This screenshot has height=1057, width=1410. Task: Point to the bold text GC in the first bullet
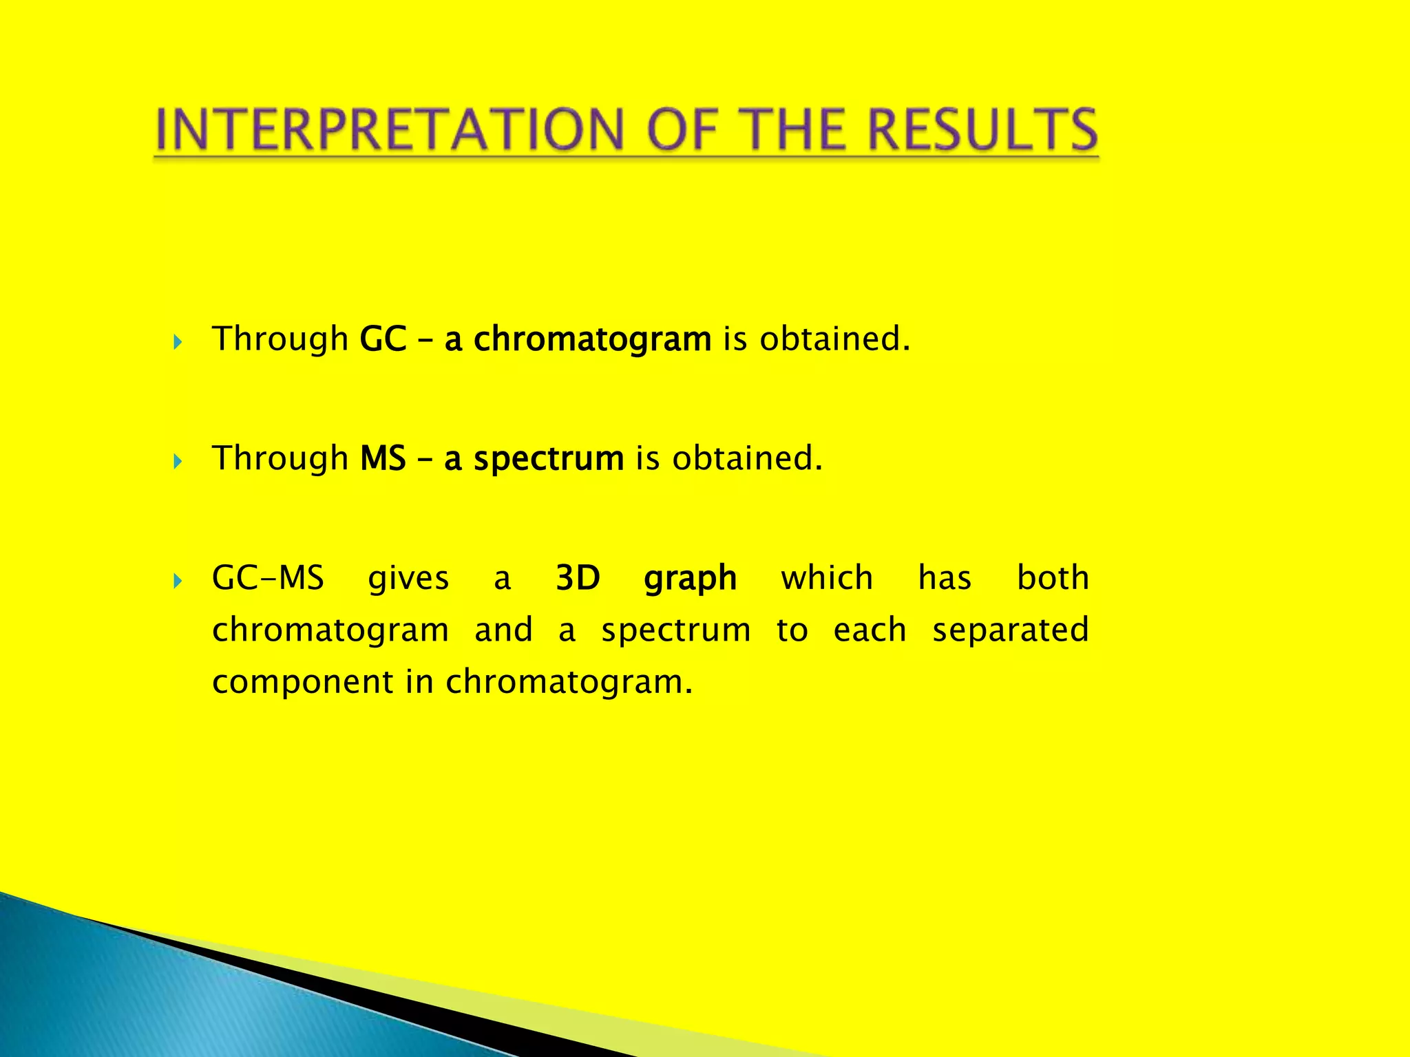point(383,339)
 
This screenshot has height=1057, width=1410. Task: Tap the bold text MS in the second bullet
point(383,459)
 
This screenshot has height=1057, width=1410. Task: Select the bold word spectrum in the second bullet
point(549,459)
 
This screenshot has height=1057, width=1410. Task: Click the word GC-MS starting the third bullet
point(268,578)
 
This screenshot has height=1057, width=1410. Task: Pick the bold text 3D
point(578,578)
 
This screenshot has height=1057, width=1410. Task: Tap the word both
point(1053,578)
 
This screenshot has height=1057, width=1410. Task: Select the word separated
point(1010,630)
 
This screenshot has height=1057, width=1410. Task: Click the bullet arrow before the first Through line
point(178,341)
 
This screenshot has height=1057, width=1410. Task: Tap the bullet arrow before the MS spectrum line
point(178,461)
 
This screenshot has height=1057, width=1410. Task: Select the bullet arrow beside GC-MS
point(178,581)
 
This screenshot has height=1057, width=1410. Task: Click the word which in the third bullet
point(827,578)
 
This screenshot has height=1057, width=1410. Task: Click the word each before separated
point(870,630)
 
